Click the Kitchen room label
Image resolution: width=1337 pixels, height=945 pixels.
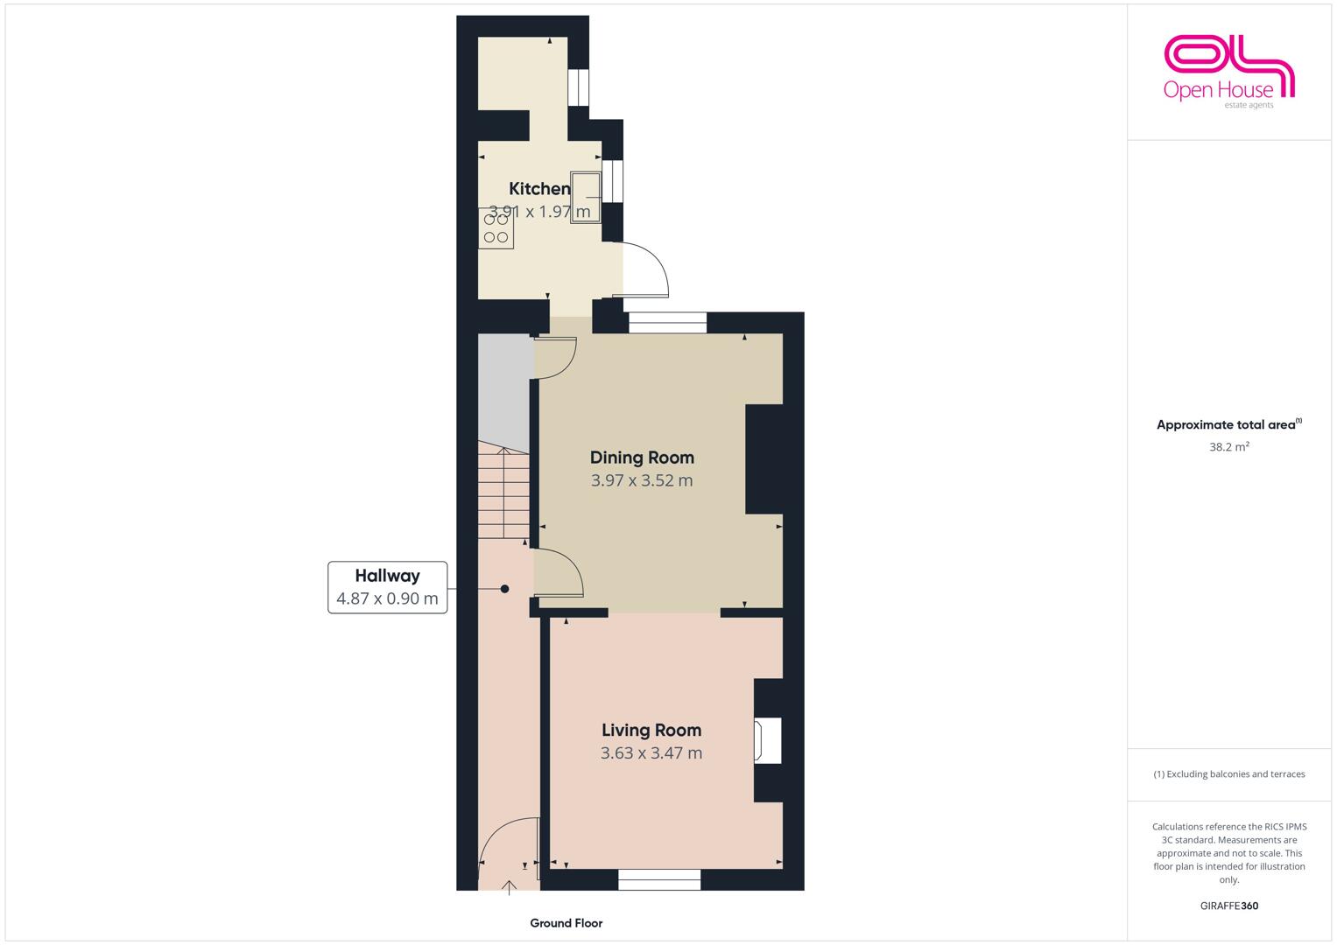pos(539,188)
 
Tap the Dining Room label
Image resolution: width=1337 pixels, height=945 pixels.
pos(642,458)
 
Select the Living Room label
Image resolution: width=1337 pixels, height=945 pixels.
pos(651,731)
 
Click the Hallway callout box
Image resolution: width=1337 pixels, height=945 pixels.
pos(387,587)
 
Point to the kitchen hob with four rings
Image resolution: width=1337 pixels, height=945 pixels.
pos(496,228)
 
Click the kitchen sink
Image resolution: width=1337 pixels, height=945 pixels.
pos(586,198)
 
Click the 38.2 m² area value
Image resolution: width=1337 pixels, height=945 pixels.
pos(1229,447)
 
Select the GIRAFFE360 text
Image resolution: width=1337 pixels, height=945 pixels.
pos(1229,906)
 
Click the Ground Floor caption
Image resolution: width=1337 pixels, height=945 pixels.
pos(566,923)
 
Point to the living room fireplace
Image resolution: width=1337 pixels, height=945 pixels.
pos(768,741)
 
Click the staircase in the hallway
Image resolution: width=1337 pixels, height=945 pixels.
pos(503,490)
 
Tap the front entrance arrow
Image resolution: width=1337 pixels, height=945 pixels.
pos(509,888)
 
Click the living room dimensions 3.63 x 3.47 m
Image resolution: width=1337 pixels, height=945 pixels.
pos(651,752)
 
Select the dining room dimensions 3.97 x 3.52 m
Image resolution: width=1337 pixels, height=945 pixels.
pos(642,480)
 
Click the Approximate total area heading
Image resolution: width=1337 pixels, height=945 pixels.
pos(1229,424)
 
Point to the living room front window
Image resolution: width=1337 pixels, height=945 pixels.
pos(659,879)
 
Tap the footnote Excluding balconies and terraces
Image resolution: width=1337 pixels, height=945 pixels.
pos(1229,773)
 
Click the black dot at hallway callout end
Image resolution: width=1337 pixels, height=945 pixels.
pos(504,589)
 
